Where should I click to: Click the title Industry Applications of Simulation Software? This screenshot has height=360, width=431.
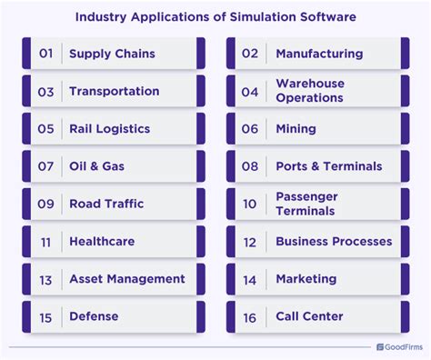pyautogui.click(x=215, y=16)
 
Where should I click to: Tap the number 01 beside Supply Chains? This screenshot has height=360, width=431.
pyautogui.click(x=46, y=54)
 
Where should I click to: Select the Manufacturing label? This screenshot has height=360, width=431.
pyautogui.click(x=319, y=54)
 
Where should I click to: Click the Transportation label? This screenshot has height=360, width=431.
pyautogui.click(x=114, y=91)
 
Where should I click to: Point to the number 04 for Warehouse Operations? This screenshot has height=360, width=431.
pyautogui.click(x=250, y=91)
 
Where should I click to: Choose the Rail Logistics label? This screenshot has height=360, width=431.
pyautogui.click(x=109, y=129)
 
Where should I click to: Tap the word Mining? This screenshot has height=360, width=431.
pyautogui.click(x=296, y=129)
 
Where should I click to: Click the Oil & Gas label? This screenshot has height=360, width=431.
pyautogui.click(x=97, y=166)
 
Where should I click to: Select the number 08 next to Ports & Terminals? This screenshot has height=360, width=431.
pyautogui.click(x=250, y=166)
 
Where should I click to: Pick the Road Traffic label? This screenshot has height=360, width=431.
pyautogui.click(x=105, y=204)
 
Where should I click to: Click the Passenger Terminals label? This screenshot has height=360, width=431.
pyautogui.click(x=306, y=204)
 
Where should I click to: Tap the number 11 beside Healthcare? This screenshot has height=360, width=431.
pyautogui.click(x=46, y=242)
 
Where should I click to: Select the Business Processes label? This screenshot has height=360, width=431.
pyautogui.click(x=334, y=242)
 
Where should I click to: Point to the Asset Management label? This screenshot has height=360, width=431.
pyautogui.click(x=126, y=279)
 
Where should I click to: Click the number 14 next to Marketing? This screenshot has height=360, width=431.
pyautogui.click(x=250, y=279)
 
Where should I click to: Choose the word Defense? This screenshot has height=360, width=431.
pyautogui.click(x=94, y=316)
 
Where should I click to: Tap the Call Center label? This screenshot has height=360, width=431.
pyautogui.click(x=309, y=316)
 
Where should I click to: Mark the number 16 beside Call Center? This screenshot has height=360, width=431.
pyautogui.click(x=250, y=316)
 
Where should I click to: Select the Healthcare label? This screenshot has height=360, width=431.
pyautogui.click(x=102, y=242)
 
